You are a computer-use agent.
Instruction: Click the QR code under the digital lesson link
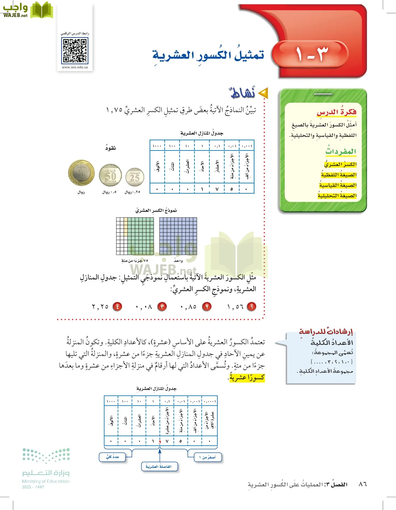tap(75, 51)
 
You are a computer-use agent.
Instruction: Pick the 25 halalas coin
tap(135, 177)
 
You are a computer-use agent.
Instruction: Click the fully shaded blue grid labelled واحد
tap(178, 236)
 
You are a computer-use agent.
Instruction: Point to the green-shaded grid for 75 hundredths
tap(135, 236)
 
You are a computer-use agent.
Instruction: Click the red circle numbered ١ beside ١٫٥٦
tap(251, 307)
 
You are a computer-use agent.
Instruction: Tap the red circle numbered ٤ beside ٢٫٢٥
tap(117, 307)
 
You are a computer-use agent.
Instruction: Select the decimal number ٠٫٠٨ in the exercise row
tap(144, 307)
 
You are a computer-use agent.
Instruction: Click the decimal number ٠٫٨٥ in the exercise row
tap(189, 307)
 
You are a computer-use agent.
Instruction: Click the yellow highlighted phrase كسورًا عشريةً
tap(247, 378)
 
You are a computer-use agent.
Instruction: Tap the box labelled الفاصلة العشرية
tap(159, 466)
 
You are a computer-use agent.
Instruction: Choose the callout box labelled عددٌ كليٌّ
tap(112, 457)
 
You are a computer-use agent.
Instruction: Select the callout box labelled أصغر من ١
tap(208, 457)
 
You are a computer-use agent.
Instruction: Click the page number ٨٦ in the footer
tap(363, 484)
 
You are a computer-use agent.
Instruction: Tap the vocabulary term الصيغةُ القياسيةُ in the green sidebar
tap(338, 185)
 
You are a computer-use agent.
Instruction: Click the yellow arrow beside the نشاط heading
tap(264, 93)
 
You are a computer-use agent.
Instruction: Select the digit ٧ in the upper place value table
tap(217, 189)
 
